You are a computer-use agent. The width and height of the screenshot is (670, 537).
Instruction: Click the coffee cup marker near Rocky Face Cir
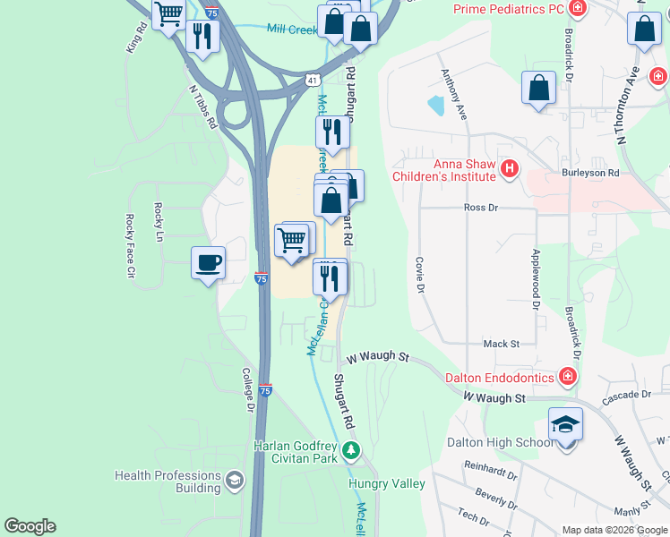pyautogui.click(x=208, y=263)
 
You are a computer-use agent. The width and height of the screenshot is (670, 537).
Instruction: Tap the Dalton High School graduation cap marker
pyautogui.click(x=565, y=423)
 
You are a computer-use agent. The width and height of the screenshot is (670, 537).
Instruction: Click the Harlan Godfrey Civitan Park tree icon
pyautogui.click(x=352, y=448)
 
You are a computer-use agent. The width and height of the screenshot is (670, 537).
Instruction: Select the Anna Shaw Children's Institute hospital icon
pyautogui.click(x=511, y=167)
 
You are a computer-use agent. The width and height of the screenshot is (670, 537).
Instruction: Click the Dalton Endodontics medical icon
pyautogui.click(x=567, y=378)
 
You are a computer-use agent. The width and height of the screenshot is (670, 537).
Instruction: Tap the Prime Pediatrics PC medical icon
pyautogui.click(x=579, y=9)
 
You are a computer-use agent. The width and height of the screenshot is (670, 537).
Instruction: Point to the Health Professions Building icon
pyautogui.click(x=235, y=482)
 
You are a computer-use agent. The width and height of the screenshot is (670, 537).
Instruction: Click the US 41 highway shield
pyautogui.click(x=311, y=80)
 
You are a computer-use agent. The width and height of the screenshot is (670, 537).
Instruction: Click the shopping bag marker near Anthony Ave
pyautogui.click(x=538, y=88)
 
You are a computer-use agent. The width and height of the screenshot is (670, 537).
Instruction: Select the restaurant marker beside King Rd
pyautogui.click(x=202, y=36)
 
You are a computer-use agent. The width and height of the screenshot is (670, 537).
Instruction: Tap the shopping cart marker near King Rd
pyautogui.click(x=168, y=13)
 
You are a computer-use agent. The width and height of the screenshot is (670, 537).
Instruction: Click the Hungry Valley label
pyautogui.click(x=386, y=484)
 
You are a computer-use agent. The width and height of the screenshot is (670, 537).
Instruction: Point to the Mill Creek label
pyautogui.click(x=292, y=30)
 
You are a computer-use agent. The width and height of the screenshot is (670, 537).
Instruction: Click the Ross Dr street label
pyautogui.click(x=480, y=207)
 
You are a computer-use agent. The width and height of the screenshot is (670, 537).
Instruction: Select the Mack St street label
pyautogui.click(x=501, y=344)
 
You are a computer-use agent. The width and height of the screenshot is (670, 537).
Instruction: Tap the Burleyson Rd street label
pyautogui.click(x=590, y=172)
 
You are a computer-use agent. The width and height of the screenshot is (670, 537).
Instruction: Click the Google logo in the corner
pyautogui.click(x=30, y=526)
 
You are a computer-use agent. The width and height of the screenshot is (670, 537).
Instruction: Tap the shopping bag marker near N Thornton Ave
pyautogui.click(x=644, y=29)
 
